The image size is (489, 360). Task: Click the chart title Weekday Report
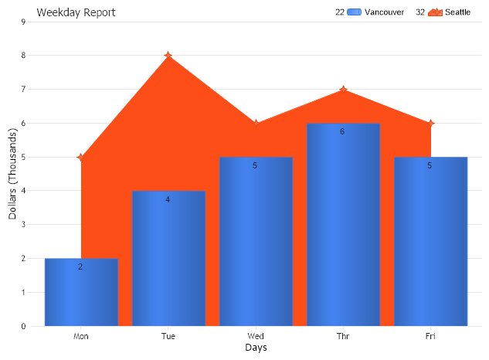76,12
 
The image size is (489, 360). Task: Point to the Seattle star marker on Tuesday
168,56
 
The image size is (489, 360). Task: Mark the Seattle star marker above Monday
81,158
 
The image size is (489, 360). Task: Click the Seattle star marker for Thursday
343,90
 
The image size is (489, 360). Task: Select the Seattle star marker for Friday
431,124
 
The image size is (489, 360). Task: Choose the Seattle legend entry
450,12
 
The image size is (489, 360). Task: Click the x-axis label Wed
256,336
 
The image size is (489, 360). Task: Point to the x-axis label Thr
343,336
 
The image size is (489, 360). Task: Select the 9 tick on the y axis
23,22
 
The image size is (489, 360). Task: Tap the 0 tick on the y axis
23,326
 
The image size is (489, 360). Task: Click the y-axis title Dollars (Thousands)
13,173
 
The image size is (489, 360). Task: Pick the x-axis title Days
256,348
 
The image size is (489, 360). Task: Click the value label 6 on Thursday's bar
342,131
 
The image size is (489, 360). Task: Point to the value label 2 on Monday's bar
80,267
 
